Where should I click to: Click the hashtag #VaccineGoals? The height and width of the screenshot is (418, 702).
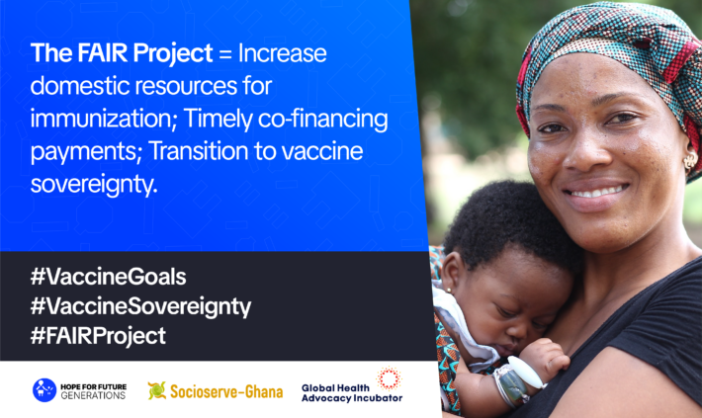(x=109, y=276)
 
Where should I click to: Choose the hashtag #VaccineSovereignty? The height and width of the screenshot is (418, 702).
(x=140, y=305)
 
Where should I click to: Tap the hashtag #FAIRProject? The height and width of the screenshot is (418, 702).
(x=99, y=335)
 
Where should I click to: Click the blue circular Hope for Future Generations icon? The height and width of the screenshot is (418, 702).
(x=44, y=389)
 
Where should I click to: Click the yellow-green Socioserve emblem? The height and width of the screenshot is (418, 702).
(x=157, y=389)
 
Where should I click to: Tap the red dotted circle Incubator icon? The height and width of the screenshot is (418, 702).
(x=389, y=378)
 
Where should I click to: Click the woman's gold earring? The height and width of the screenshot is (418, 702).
(x=690, y=158)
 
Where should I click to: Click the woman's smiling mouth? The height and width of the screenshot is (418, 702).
(x=595, y=191)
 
